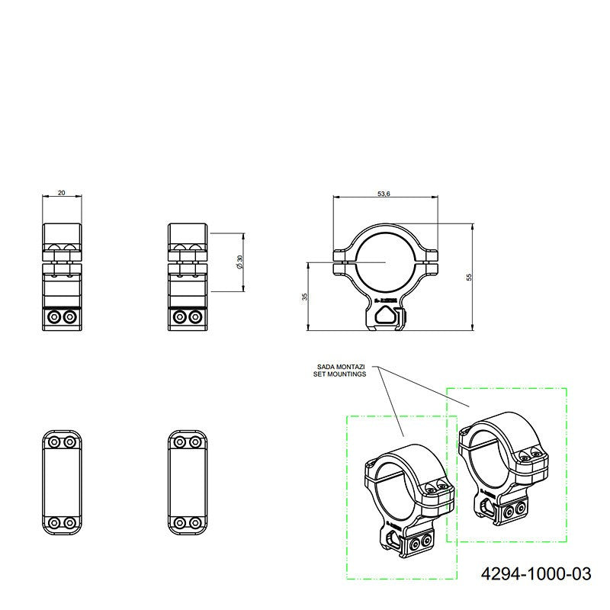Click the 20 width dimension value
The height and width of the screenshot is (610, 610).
(x=62, y=193)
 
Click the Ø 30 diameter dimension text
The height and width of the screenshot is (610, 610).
(x=239, y=262)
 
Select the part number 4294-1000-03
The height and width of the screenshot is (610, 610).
(x=536, y=573)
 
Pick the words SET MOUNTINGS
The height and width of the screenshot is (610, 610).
(x=339, y=374)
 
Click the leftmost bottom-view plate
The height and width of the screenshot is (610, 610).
(x=62, y=482)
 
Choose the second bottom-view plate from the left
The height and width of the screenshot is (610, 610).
(x=186, y=482)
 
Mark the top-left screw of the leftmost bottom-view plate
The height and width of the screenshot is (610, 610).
(x=53, y=441)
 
